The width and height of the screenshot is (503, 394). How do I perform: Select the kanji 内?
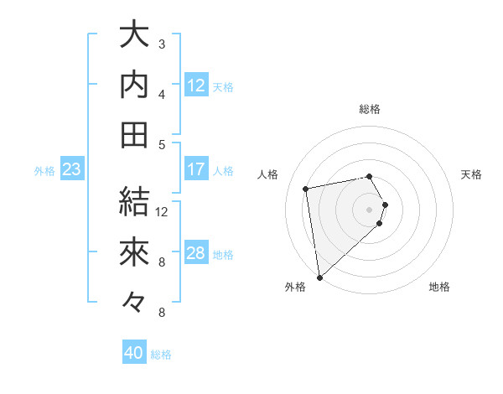click(134, 85)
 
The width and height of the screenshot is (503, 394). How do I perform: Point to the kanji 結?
click(134, 202)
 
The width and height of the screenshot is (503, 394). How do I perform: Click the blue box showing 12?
click(196, 85)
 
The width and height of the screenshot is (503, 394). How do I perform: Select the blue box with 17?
click(196, 169)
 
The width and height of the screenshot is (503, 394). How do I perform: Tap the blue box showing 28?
click(196, 253)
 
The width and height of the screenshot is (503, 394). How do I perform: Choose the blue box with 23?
click(72, 169)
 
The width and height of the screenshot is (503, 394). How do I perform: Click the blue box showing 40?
click(134, 353)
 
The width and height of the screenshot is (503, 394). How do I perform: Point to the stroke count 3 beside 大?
click(162, 44)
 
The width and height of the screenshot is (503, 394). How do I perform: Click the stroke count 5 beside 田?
click(162, 145)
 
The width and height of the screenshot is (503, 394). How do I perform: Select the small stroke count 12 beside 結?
click(162, 212)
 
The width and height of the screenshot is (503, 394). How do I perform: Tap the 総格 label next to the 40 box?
click(161, 355)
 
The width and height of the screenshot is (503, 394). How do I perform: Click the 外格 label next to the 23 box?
click(44, 171)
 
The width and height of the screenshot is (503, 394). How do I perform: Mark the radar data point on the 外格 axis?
click(319, 277)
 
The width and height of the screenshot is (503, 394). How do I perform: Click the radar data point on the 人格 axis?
click(306, 189)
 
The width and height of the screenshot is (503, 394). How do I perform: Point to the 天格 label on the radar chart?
click(471, 174)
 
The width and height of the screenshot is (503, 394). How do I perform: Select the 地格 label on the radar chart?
click(439, 287)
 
